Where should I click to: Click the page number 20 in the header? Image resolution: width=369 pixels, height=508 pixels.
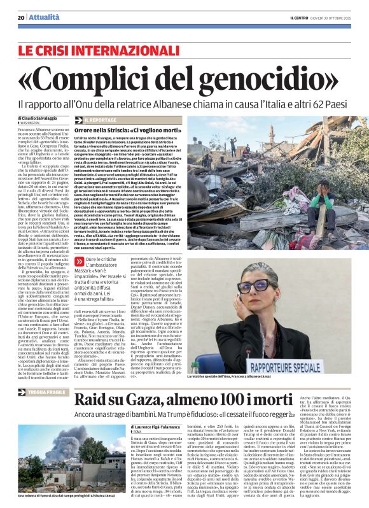(21, 17)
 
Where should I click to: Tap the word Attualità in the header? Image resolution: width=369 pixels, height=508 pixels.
(41, 17)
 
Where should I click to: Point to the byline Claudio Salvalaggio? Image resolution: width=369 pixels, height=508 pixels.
(39, 118)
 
